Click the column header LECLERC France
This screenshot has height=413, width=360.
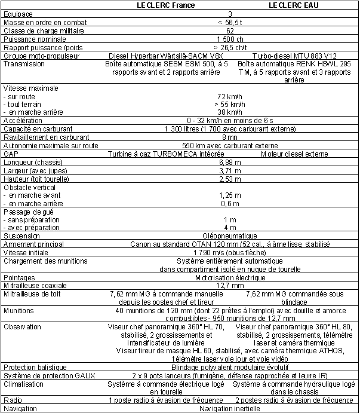click(x=162, y=5)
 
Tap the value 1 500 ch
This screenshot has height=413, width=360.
click(x=230, y=38)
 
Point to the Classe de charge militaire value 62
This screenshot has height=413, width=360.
click(x=230, y=30)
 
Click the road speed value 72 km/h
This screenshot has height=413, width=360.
click(x=230, y=96)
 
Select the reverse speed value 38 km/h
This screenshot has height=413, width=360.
click(x=230, y=112)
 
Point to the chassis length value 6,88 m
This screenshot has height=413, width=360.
click(x=230, y=162)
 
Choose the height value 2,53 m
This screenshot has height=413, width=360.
click(x=230, y=179)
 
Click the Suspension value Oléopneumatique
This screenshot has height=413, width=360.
click(x=230, y=235)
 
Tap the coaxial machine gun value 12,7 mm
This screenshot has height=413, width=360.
click(x=230, y=286)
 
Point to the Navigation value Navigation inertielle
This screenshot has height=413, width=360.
click(x=230, y=409)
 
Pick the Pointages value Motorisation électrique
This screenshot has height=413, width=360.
click(x=230, y=277)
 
